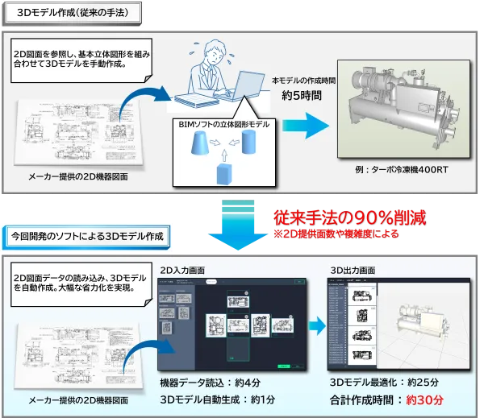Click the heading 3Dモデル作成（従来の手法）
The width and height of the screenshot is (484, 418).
73,14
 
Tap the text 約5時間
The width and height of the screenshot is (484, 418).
301,95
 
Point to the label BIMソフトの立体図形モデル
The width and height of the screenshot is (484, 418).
223,125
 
